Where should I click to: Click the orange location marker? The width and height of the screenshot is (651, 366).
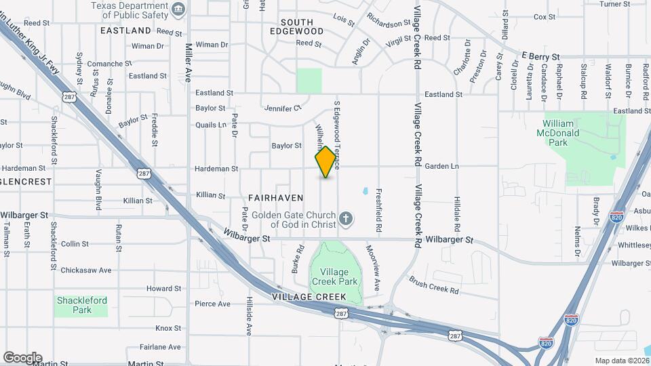(x=326, y=162)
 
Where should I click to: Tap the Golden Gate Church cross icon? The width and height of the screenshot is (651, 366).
(x=346, y=218)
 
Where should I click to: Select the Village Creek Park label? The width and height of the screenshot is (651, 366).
(x=334, y=277)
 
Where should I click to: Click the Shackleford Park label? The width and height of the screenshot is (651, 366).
(x=82, y=305)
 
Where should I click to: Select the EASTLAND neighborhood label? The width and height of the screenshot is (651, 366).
(x=125, y=30)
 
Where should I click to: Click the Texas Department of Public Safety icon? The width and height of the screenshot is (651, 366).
(x=178, y=9)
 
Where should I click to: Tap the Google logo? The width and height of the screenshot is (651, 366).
(x=22, y=357)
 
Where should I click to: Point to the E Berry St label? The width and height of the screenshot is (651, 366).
(x=540, y=56)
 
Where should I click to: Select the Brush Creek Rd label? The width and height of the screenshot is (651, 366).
(x=434, y=285)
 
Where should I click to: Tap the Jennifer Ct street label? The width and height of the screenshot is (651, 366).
(x=283, y=108)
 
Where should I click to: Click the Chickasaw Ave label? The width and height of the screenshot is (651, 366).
(x=85, y=270)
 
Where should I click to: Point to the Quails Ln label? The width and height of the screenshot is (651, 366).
(x=210, y=125)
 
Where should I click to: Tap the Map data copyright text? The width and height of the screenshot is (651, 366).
(x=621, y=361)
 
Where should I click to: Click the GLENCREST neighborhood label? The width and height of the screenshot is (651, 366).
(x=26, y=182)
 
